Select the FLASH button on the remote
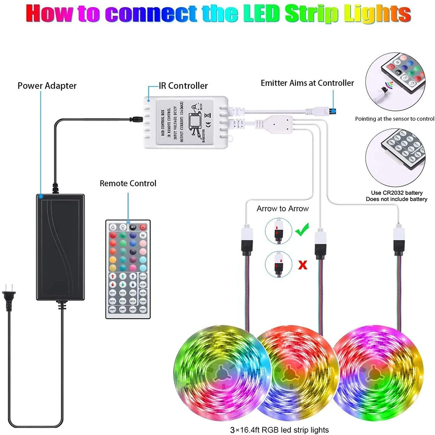click(143, 301)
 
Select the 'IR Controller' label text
click(183, 86)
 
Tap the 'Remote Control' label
click(128, 183)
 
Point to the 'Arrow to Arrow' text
click(282, 208)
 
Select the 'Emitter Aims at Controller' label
click(307, 83)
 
